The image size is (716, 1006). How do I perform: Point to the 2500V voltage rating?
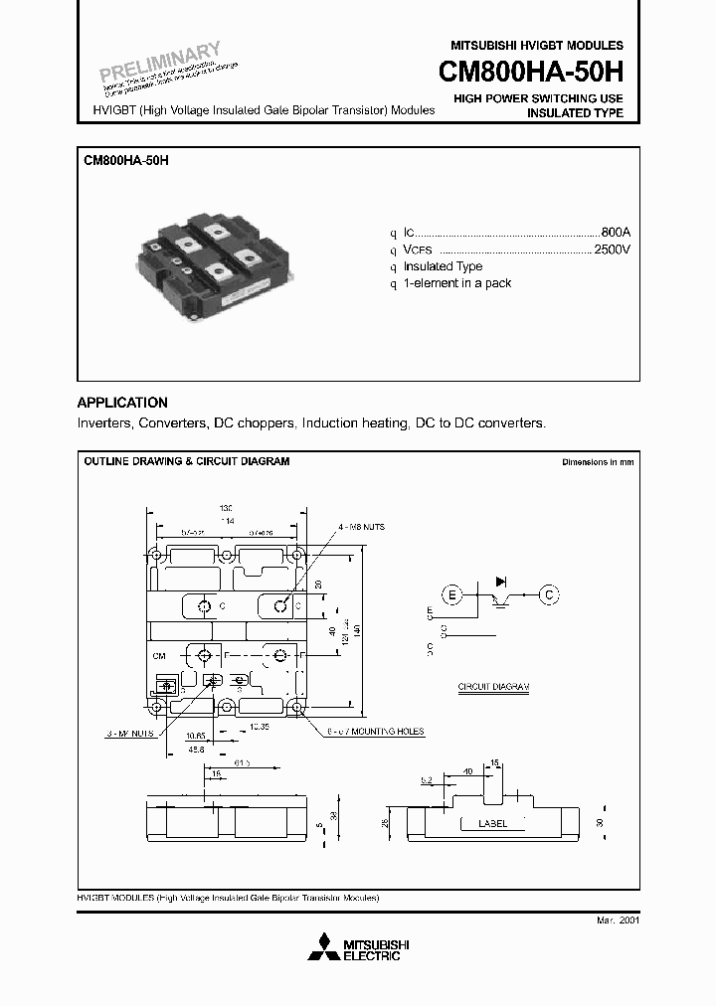click(x=611, y=249)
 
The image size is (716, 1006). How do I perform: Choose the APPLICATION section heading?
click(x=122, y=403)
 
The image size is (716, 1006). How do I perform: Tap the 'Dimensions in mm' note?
click(x=597, y=462)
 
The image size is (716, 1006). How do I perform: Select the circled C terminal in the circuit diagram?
click(x=548, y=595)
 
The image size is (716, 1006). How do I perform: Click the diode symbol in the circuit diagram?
click(x=501, y=582)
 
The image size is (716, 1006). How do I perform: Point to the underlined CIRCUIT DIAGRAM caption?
click(x=493, y=687)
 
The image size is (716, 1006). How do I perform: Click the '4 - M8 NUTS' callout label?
click(x=361, y=526)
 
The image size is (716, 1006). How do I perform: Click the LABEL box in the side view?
click(x=492, y=823)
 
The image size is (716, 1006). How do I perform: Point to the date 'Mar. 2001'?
click(x=618, y=922)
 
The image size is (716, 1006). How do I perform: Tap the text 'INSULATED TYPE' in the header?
click(x=575, y=113)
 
